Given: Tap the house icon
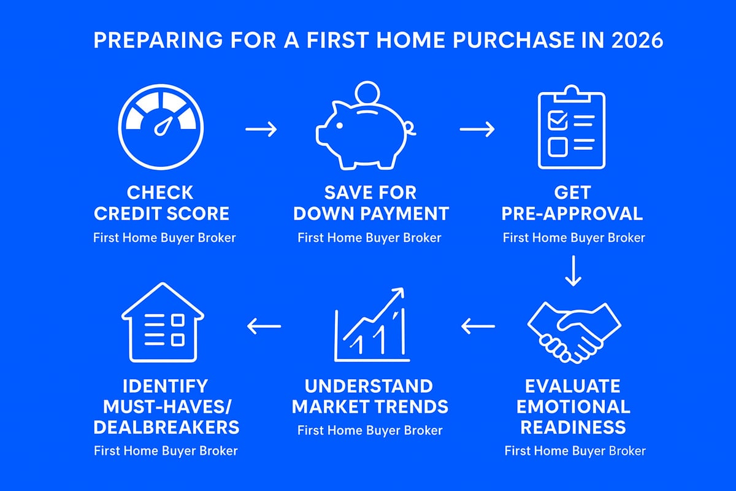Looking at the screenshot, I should [x=163, y=322].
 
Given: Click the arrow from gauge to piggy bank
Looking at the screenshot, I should [x=261, y=130].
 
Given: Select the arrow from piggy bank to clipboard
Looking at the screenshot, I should [x=477, y=130].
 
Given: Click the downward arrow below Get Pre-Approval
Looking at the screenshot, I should [x=573, y=273].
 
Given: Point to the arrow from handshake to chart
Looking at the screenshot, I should [x=478, y=327].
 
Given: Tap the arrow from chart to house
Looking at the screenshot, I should [x=264, y=327].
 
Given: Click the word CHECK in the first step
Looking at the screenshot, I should [x=161, y=193].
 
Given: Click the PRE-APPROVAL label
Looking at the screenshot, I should [x=572, y=214].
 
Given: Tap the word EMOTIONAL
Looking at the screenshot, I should [x=573, y=406].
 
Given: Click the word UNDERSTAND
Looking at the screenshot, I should [x=369, y=386].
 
